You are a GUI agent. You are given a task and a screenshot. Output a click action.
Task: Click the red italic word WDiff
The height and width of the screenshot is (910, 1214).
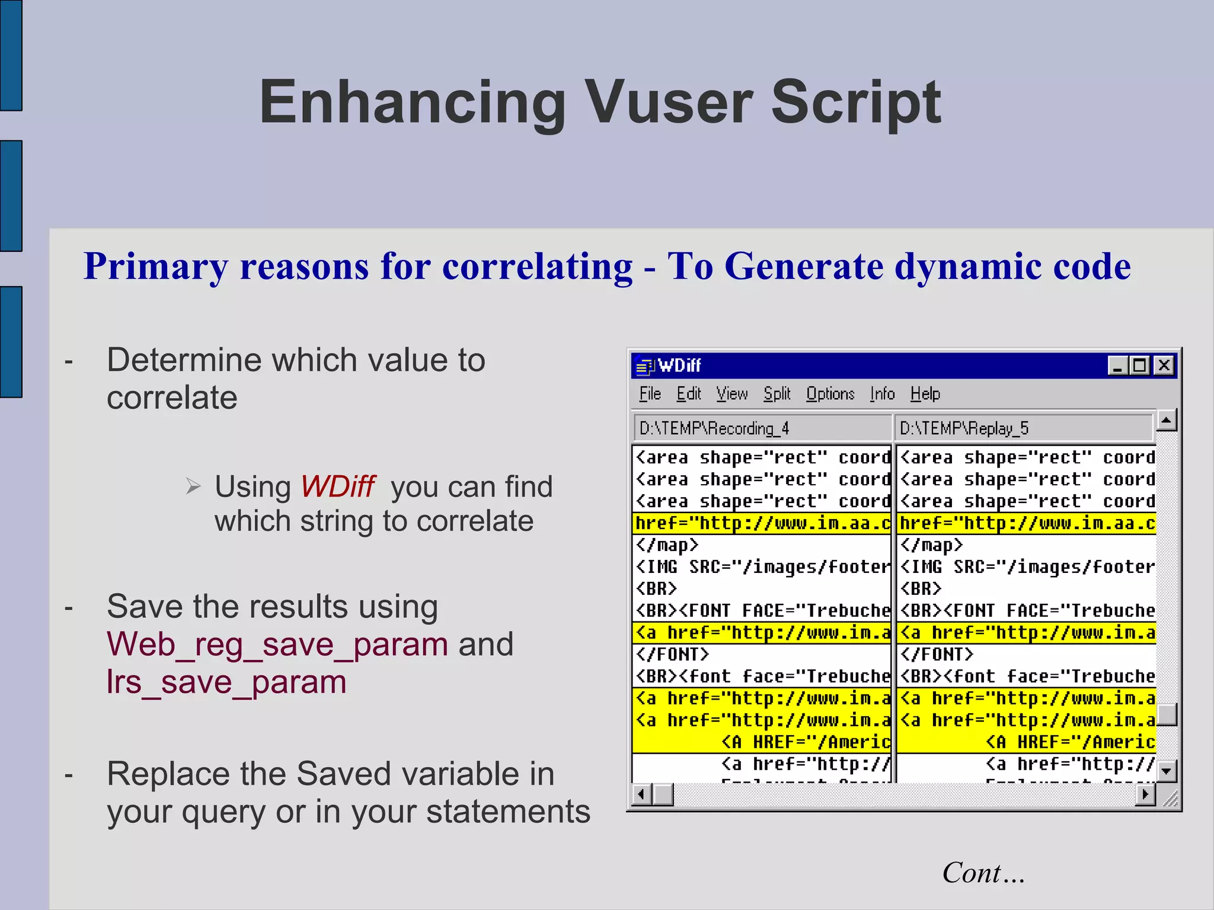pos(337,487)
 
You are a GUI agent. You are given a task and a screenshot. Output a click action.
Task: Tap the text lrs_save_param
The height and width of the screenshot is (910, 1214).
pos(226,682)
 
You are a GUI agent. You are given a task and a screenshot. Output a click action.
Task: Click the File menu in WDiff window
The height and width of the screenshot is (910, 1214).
pos(650,394)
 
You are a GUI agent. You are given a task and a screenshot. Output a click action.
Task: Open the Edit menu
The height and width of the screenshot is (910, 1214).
pos(689,394)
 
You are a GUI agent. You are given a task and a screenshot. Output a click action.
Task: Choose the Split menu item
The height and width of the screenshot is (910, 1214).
pos(777,394)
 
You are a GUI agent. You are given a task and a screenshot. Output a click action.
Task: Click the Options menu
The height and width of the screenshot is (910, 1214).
pos(830,394)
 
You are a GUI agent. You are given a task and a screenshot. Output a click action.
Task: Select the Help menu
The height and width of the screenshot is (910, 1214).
pos(925,394)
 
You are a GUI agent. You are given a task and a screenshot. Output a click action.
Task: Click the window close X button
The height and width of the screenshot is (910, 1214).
pos(1164,366)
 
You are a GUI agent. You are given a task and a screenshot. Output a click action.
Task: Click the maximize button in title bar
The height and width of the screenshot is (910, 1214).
pos(1140,366)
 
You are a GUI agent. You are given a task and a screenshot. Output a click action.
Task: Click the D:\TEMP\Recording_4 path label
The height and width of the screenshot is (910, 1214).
pos(714,428)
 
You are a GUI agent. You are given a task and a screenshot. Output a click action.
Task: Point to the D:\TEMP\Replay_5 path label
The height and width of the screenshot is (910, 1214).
pos(964,428)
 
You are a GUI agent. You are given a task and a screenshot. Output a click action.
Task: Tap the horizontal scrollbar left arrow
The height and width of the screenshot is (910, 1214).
pos(641,794)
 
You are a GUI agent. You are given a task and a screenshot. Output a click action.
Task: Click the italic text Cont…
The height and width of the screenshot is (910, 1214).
pos(983,873)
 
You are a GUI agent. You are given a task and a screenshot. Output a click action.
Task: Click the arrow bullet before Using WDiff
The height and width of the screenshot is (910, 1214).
pos(193,486)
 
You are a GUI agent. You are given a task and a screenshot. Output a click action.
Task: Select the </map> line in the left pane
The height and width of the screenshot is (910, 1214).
pos(667,545)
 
